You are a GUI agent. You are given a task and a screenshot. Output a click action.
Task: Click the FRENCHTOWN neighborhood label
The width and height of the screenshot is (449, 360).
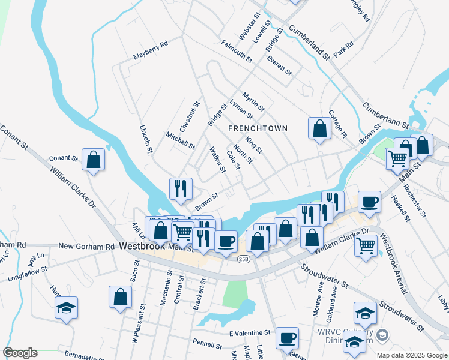point(258,128)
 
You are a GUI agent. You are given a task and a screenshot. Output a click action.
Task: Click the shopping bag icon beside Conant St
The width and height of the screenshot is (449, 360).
point(93,160)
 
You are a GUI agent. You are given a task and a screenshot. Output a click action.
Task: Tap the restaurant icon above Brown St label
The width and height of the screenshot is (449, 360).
point(180,188)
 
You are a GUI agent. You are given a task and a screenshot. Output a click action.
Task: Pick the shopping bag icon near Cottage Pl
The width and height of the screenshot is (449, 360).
point(319,127)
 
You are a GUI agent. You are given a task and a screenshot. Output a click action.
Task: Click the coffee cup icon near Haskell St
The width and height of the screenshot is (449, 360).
point(369,202)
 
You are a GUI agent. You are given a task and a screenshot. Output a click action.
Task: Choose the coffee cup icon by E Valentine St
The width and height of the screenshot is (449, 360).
point(288,337)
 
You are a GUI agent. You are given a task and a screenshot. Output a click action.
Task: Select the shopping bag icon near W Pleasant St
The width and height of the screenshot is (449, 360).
point(120,296)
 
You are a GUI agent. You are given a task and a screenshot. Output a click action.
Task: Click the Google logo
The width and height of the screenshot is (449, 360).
point(20,353)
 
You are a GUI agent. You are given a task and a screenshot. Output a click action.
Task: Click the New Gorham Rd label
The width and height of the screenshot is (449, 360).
point(86,247)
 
